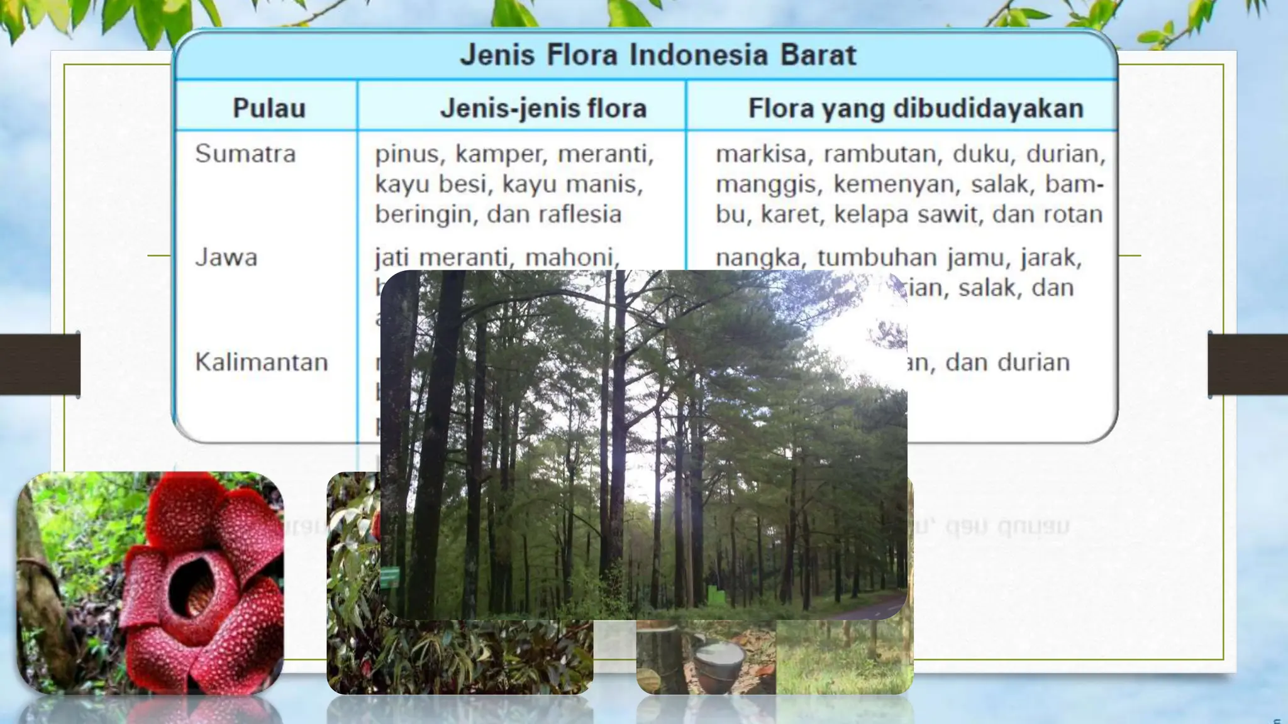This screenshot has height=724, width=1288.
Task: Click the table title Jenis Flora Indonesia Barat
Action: point(658,55)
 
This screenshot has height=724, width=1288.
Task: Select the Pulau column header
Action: point(269,108)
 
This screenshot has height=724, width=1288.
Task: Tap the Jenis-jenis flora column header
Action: point(543,108)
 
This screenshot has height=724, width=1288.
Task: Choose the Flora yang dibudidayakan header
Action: point(916,108)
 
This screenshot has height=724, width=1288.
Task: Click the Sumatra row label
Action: point(245,154)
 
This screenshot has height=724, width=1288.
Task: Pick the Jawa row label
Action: point(226,258)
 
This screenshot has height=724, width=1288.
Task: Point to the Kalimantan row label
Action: point(262,362)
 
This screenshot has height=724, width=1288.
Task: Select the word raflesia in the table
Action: point(585,214)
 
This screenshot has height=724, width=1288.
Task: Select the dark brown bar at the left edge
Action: point(40,364)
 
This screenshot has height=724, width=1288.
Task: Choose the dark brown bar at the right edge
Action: point(1248,364)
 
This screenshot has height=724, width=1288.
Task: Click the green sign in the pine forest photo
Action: point(389,576)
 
